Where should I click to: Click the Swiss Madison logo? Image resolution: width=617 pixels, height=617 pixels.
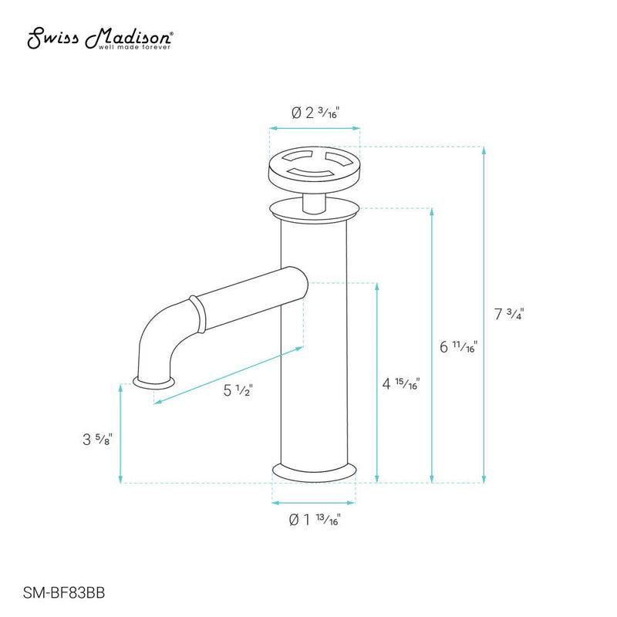[x=100, y=38]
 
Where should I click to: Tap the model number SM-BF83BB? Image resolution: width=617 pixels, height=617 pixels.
[x=64, y=592]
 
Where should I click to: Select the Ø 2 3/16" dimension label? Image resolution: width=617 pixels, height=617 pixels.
[x=315, y=113]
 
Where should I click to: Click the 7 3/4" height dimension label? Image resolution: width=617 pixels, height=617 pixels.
[x=509, y=314]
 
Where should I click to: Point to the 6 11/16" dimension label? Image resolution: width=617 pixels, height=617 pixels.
[x=458, y=346]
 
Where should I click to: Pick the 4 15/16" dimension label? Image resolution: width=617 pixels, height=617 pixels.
[x=401, y=383]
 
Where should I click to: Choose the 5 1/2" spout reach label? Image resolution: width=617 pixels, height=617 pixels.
[x=238, y=390]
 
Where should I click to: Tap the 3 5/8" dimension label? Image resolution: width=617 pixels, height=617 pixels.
[x=98, y=439]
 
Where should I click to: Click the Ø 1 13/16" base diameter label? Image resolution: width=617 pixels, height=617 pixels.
[x=315, y=519]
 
